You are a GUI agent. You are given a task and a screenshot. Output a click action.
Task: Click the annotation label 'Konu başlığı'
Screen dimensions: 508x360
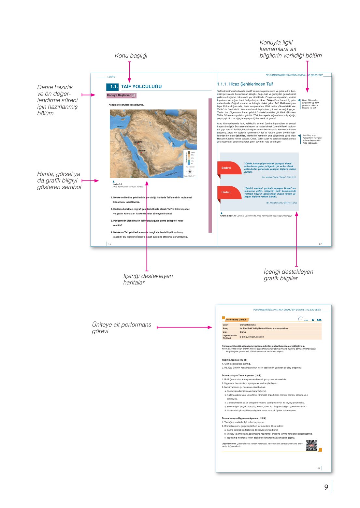click(x=131, y=56)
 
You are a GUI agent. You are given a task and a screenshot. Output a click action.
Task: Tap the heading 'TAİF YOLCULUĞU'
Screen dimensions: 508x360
click(x=141, y=87)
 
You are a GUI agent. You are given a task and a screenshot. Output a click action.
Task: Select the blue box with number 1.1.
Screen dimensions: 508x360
click(x=113, y=87)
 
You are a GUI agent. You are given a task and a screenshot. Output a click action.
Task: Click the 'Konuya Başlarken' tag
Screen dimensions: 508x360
click(x=121, y=95)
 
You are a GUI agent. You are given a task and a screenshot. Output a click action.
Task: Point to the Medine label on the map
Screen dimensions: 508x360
click(x=138, y=142)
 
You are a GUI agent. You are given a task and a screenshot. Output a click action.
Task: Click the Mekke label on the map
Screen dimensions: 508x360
click(x=142, y=151)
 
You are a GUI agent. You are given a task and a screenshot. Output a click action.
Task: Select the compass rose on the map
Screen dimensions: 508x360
click(x=190, y=171)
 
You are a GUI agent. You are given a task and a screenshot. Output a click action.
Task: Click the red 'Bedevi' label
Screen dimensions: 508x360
click(x=226, y=168)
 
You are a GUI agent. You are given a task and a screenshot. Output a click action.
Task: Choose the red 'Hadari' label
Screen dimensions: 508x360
click(x=226, y=192)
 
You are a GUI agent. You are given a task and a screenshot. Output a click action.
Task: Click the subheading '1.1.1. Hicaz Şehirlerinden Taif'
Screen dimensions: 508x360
click(x=245, y=84)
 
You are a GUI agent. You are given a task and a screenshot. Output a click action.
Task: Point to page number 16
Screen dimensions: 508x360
click(x=109, y=244)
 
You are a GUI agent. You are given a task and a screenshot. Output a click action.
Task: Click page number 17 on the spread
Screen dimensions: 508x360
click(x=320, y=243)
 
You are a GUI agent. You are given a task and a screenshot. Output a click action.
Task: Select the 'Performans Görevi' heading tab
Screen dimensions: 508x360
click(x=236, y=320)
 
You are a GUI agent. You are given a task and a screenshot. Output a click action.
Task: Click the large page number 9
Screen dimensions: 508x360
click(x=326, y=487)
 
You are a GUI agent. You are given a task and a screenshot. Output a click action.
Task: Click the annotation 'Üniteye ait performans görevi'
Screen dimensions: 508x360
click(x=122, y=328)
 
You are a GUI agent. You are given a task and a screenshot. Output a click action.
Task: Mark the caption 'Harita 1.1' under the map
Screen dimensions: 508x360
click(x=117, y=184)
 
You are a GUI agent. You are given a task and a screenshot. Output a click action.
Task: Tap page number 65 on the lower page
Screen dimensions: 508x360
click(x=319, y=468)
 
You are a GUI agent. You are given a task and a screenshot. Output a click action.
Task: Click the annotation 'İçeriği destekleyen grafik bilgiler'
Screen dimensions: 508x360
click(x=288, y=275)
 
